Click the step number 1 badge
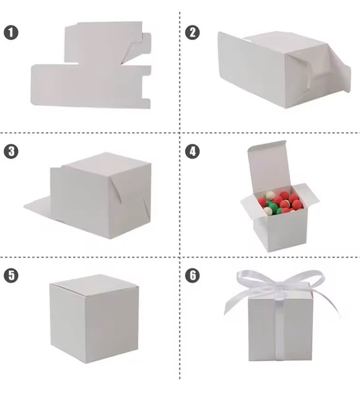pos(11,33)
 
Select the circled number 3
pos(11,151)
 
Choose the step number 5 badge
pos(11,275)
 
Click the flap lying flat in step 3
pos(39,206)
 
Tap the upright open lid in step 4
pos(266,162)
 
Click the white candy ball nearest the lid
pos(270,195)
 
